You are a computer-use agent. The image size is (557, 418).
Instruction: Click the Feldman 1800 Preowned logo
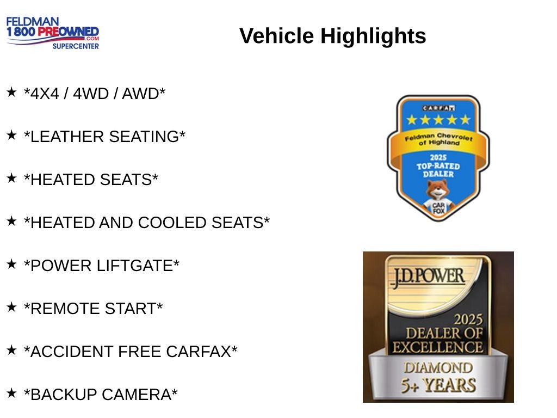point(53,33)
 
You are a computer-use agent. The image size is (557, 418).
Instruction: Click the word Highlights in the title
point(373,36)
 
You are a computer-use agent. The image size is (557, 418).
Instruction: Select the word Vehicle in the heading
point(277,36)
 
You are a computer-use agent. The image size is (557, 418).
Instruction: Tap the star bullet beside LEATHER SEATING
point(11,135)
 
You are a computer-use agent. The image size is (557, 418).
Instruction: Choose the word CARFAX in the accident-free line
point(199,352)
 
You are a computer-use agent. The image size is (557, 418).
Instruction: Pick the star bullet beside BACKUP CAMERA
point(11,393)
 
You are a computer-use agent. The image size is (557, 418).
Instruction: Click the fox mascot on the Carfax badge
point(438,198)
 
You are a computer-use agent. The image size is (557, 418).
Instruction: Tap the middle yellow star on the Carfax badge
point(438,120)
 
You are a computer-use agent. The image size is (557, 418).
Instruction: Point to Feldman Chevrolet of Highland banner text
point(439,139)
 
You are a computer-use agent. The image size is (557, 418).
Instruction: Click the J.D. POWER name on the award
point(428,277)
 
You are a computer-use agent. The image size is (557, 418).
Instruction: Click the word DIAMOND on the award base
point(438,368)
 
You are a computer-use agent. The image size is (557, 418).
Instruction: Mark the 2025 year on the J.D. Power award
point(468,319)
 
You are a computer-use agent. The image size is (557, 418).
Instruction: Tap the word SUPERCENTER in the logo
point(76,46)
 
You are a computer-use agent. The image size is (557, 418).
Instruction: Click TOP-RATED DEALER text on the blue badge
point(438,170)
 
